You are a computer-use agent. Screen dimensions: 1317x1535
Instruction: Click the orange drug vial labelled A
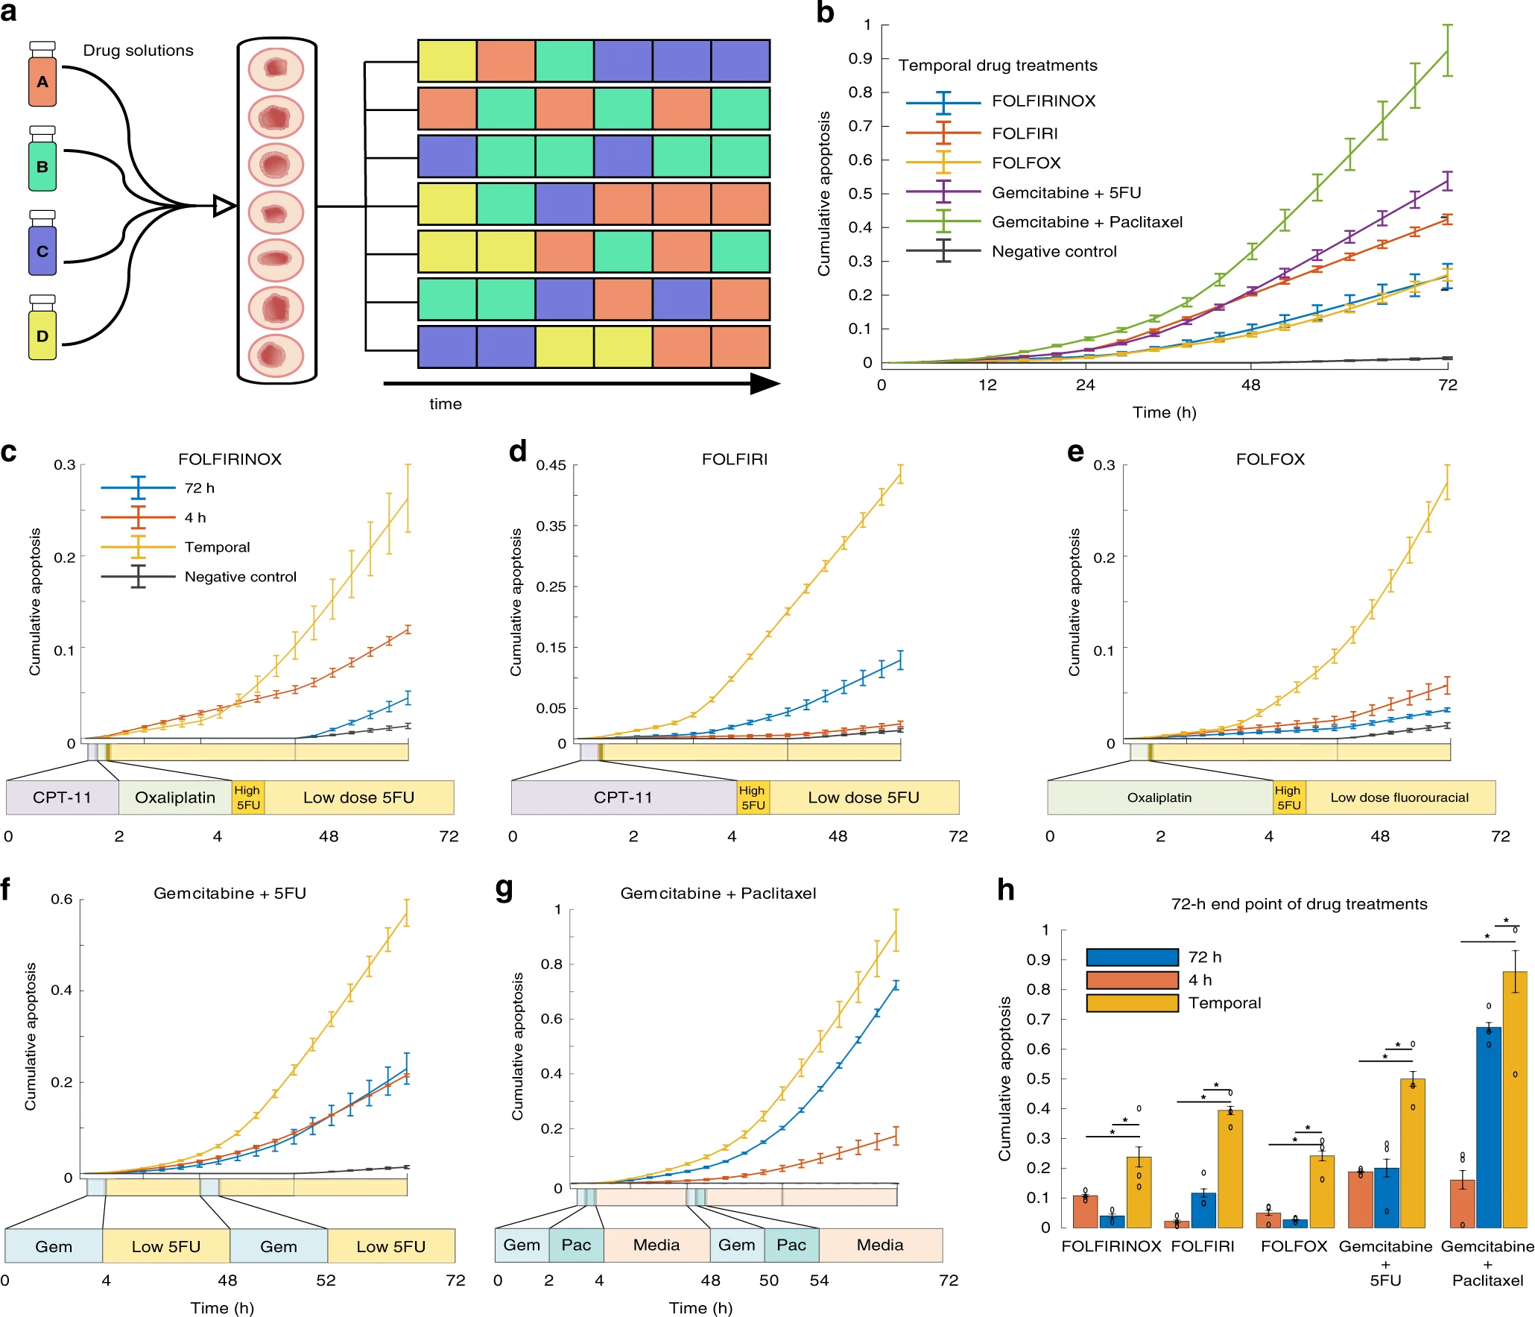[x=42, y=80]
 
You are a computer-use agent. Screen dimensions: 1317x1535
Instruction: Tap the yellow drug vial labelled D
[x=42, y=335]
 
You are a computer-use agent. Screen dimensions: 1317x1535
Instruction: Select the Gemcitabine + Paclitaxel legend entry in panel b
[x=1086, y=222]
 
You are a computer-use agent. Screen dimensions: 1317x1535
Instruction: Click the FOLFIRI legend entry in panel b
[x=1024, y=133]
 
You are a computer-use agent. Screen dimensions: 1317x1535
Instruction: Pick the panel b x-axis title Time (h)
[x=1164, y=412]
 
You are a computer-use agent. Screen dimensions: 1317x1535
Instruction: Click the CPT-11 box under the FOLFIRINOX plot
[x=62, y=798]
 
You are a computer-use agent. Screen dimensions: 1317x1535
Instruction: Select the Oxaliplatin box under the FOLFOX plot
[x=1159, y=798]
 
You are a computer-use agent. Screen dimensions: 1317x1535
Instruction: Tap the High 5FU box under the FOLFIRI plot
[x=753, y=798]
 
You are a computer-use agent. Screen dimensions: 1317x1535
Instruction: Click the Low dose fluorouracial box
[x=1399, y=798]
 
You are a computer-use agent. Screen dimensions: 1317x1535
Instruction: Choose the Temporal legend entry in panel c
[x=217, y=547]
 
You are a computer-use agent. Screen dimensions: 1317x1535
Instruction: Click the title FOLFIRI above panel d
[x=734, y=459]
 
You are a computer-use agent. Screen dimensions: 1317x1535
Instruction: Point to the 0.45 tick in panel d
[x=551, y=465]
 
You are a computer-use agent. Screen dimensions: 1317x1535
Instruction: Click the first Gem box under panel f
[x=54, y=1247]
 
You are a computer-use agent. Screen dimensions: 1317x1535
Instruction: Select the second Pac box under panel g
[x=791, y=1245]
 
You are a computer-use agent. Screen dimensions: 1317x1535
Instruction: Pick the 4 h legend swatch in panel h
[x=1132, y=980]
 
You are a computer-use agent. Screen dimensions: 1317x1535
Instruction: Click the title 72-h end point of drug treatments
[x=1299, y=904]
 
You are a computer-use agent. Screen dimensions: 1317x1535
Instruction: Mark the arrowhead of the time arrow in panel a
[x=765, y=384]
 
